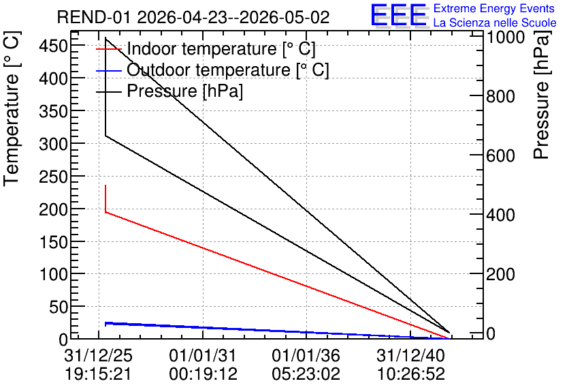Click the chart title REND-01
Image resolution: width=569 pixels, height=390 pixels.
click(94, 17)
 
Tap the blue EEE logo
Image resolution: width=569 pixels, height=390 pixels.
click(398, 15)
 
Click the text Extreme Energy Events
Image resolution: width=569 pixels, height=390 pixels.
click(494, 8)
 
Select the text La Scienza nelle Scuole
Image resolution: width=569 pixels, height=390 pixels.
click(495, 22)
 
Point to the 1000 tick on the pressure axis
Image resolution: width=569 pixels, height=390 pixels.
click(506, 37)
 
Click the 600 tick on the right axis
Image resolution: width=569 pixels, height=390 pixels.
click(501, 155)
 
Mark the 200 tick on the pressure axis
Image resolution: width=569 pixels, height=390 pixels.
click(501, 274)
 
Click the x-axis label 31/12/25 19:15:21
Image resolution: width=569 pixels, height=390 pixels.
click(98, 364)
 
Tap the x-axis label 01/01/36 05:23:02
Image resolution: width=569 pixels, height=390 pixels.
click(306, 364)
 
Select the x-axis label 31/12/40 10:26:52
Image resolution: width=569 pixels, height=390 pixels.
click(410, 364)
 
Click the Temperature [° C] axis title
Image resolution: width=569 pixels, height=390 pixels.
click(12, 109)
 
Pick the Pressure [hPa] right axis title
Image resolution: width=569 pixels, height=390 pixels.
click(541, 95)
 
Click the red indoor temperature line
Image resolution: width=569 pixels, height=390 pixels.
click(278, 275)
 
